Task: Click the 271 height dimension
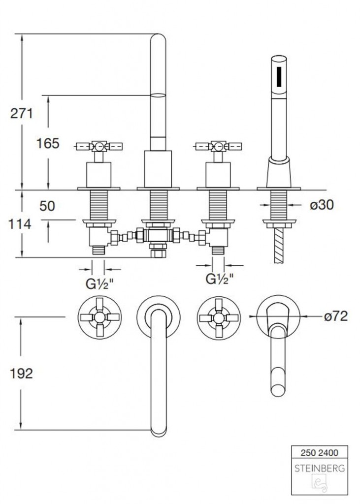pyautogui.click(x=22, y=114)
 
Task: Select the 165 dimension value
pyautogui.click(x=48, y=143)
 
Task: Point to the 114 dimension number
pyautogui.click(x=20, y=224)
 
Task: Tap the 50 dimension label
pyautogui.click(x=47, y=206)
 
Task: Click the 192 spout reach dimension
pyautogui.click(x=22, y=374)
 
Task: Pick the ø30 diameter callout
pyautogui.click(x=322, y=204)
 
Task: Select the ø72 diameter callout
pyautogui.click(x=336, y=316)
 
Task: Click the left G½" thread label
pyautogui.click(x=100, y=284)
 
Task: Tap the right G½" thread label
pyautogui.click(x=220, y=279)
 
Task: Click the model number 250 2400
pyautogui.click(x=320, y=453)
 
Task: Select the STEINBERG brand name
pyautogui.click(x=320, y=469)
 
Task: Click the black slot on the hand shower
pyautogui.click(x=279, y=76)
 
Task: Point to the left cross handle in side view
pyautogui.click(x=99, y=147)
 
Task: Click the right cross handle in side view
pyautogui.click(x=218, y=147)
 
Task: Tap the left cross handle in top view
pyautogui.click(x=100, y=317)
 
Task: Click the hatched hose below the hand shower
pyautogui.click(x=279, y=246)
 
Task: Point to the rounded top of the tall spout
pyautogui.click(x=158, y=37)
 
